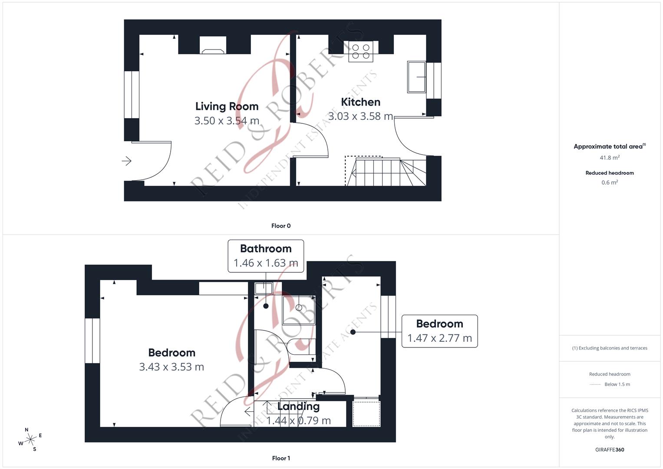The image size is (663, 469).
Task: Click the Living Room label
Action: (x=227, y=106)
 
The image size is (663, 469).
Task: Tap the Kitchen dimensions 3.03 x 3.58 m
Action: (x=360, y=116)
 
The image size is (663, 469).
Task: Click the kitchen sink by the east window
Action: (x=416, y=77)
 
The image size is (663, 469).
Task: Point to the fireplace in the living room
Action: (x=213, y=46)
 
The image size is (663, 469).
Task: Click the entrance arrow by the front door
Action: (x=126, y=161)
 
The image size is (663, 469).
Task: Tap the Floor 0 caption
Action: (x=281, y=226)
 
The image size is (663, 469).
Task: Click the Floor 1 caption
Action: (x=281, y=458)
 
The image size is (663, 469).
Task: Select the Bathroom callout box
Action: (x=266, y=256)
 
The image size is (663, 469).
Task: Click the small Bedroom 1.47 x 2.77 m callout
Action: (x=439, y=331)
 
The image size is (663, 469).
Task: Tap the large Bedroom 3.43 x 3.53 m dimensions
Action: (x=172, y=367)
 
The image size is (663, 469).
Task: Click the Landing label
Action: (x=298, y=406)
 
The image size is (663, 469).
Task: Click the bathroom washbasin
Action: (x=264, y=288)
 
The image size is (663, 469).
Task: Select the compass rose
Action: (x=30, y=439)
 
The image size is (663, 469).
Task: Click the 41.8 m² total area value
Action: (x=610, y=158)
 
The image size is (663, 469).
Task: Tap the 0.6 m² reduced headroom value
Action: (x=610, y=182)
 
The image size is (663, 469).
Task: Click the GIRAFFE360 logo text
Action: (x=610, y=450)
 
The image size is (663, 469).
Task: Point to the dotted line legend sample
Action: (x=595, y=384)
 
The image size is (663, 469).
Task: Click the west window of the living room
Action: (x=132, y=95)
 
